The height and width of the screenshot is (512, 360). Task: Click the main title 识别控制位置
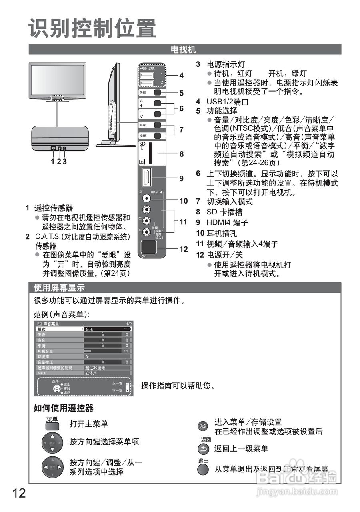click(x=92, y=29)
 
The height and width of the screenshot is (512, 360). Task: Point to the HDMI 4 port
click(x=147, y=178)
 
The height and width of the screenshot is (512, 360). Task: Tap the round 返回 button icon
click(x=204, y=449)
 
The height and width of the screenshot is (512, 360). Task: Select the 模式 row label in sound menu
click(x=42, y=329)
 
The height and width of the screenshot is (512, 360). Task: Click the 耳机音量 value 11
click(x=126, y=351)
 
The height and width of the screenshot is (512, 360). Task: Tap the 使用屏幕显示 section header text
click(x=59, y=288)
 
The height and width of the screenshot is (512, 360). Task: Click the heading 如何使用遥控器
click(x=64, y=408)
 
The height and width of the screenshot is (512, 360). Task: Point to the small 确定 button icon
click(x=203, y=426)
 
